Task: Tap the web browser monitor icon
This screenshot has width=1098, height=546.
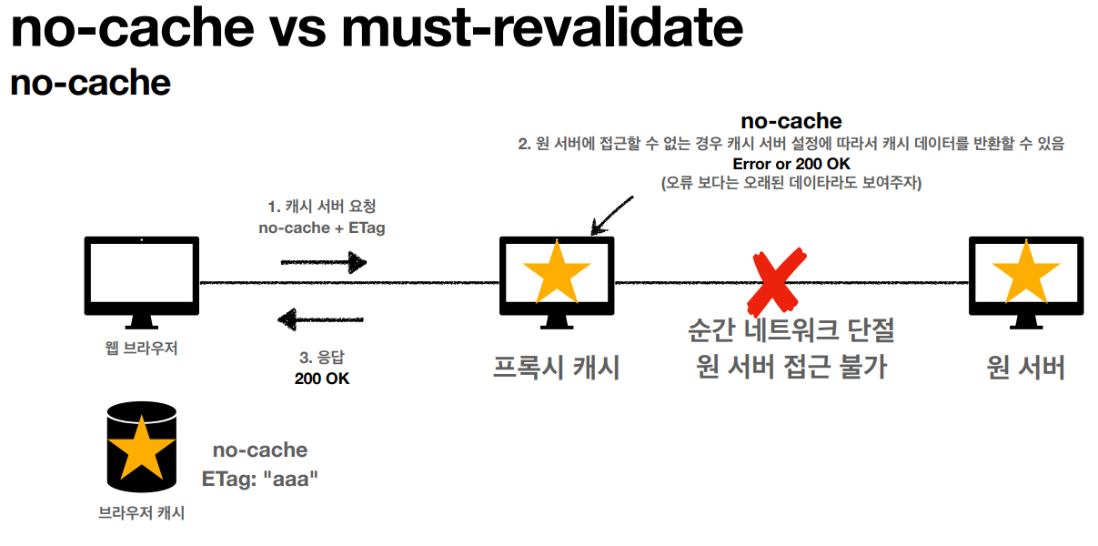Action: (141, 277)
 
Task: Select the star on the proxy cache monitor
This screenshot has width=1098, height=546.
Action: (557, 274)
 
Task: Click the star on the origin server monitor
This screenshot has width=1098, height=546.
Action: (1026, 274)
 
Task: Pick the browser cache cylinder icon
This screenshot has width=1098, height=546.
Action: (141, 446)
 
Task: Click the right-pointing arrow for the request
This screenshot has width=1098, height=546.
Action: (323, 263)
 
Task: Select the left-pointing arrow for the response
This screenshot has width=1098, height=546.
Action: (320, 318)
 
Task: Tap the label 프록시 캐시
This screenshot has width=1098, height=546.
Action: (556, 367)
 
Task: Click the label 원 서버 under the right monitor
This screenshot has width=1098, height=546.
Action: (1025, 367)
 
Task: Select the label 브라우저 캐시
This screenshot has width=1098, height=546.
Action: (141, 513)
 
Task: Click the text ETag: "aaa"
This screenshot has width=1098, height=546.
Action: (260, 478)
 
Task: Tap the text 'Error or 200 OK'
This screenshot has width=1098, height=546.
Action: (791, 165)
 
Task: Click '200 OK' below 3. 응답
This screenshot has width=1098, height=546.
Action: (321, 379)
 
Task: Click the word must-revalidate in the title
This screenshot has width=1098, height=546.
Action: (542, 29)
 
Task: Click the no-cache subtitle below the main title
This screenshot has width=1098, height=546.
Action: (90, 83)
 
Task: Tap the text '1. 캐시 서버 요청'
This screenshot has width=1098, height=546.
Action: (321, 206)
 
